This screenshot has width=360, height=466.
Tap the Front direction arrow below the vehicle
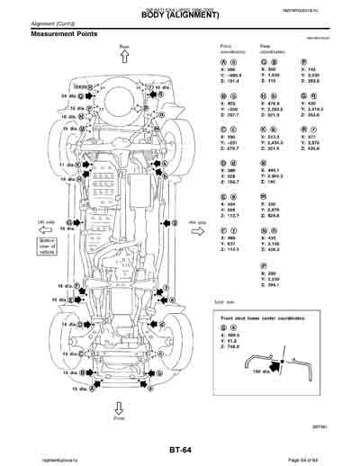point(117,407)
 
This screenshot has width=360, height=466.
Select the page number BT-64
point(180,447)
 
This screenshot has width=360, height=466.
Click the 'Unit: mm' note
point(225,301)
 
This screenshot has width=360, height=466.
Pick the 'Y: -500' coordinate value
point(228,109)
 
